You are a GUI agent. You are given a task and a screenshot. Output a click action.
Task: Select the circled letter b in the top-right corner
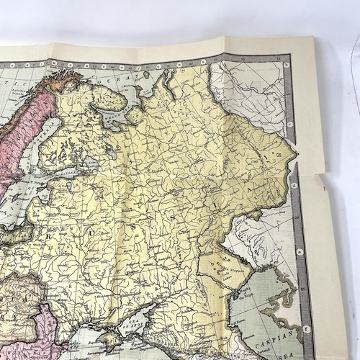point(287,65)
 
